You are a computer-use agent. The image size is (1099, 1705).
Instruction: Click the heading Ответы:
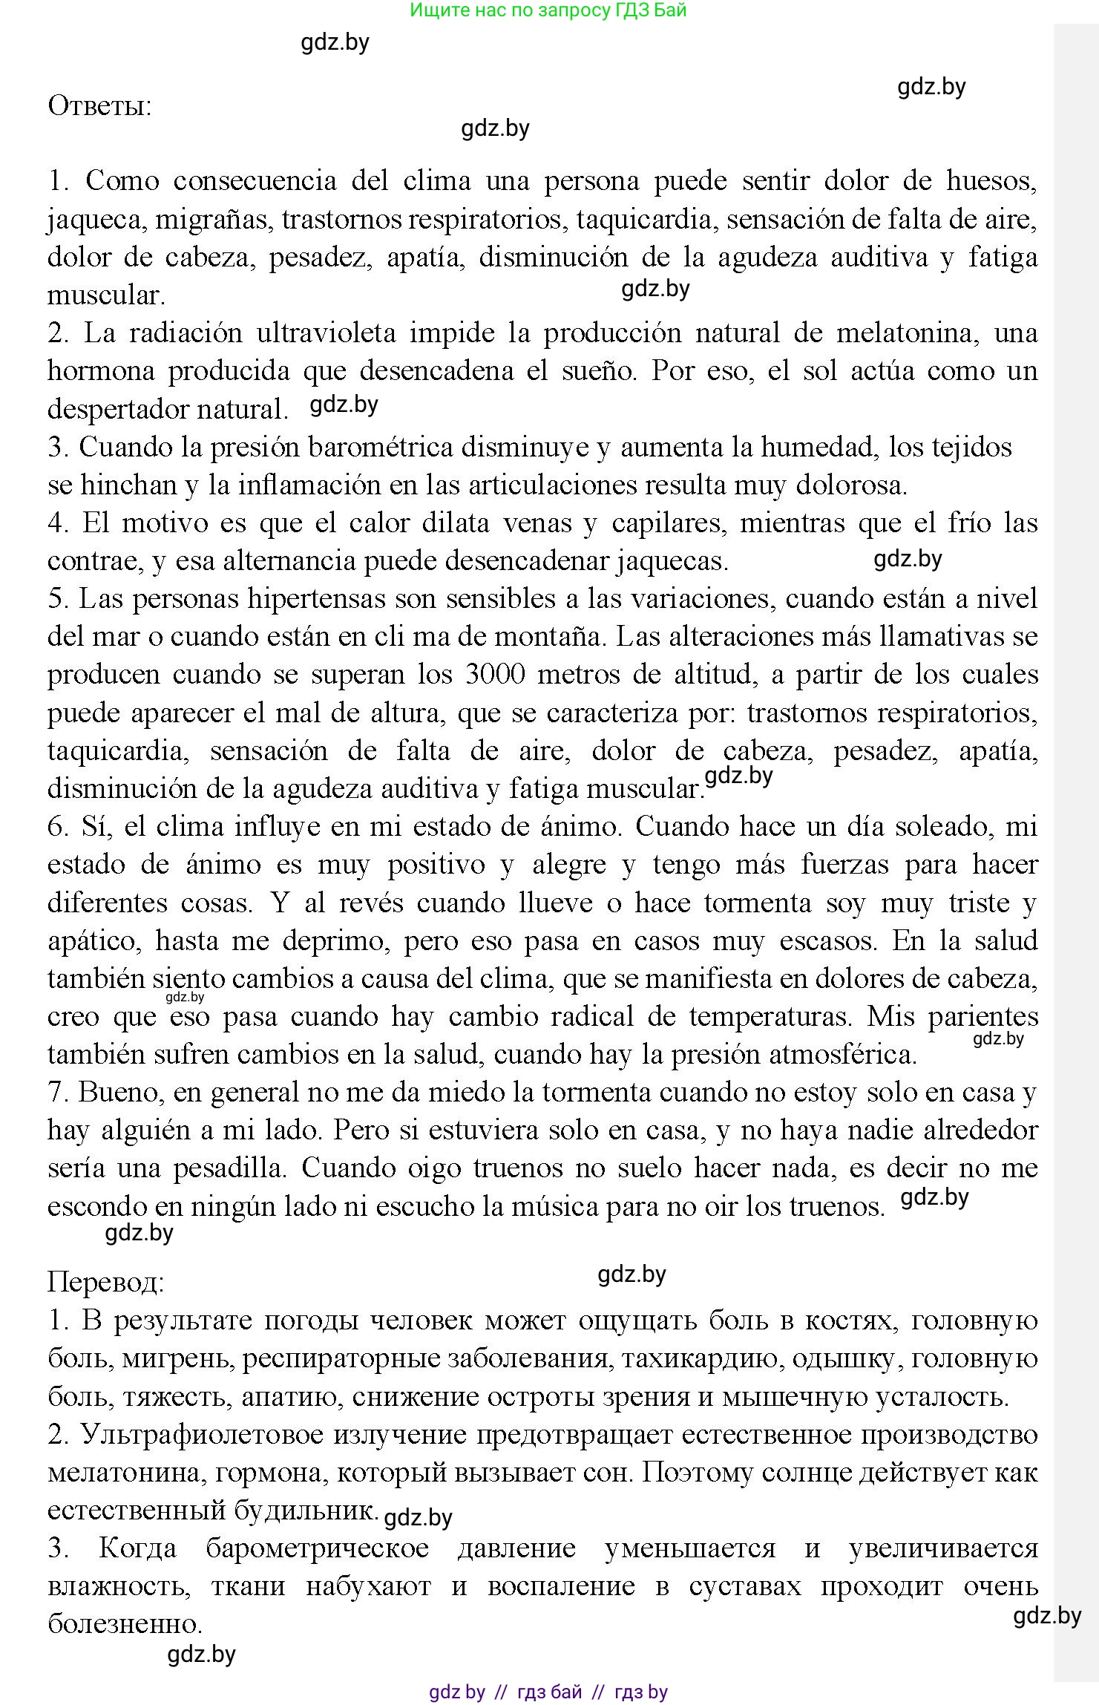99,106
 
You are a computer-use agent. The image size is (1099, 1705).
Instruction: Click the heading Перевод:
105,1282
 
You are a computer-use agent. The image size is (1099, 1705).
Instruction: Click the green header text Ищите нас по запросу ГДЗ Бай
548,10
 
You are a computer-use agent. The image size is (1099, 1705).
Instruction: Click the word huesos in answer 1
991,181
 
